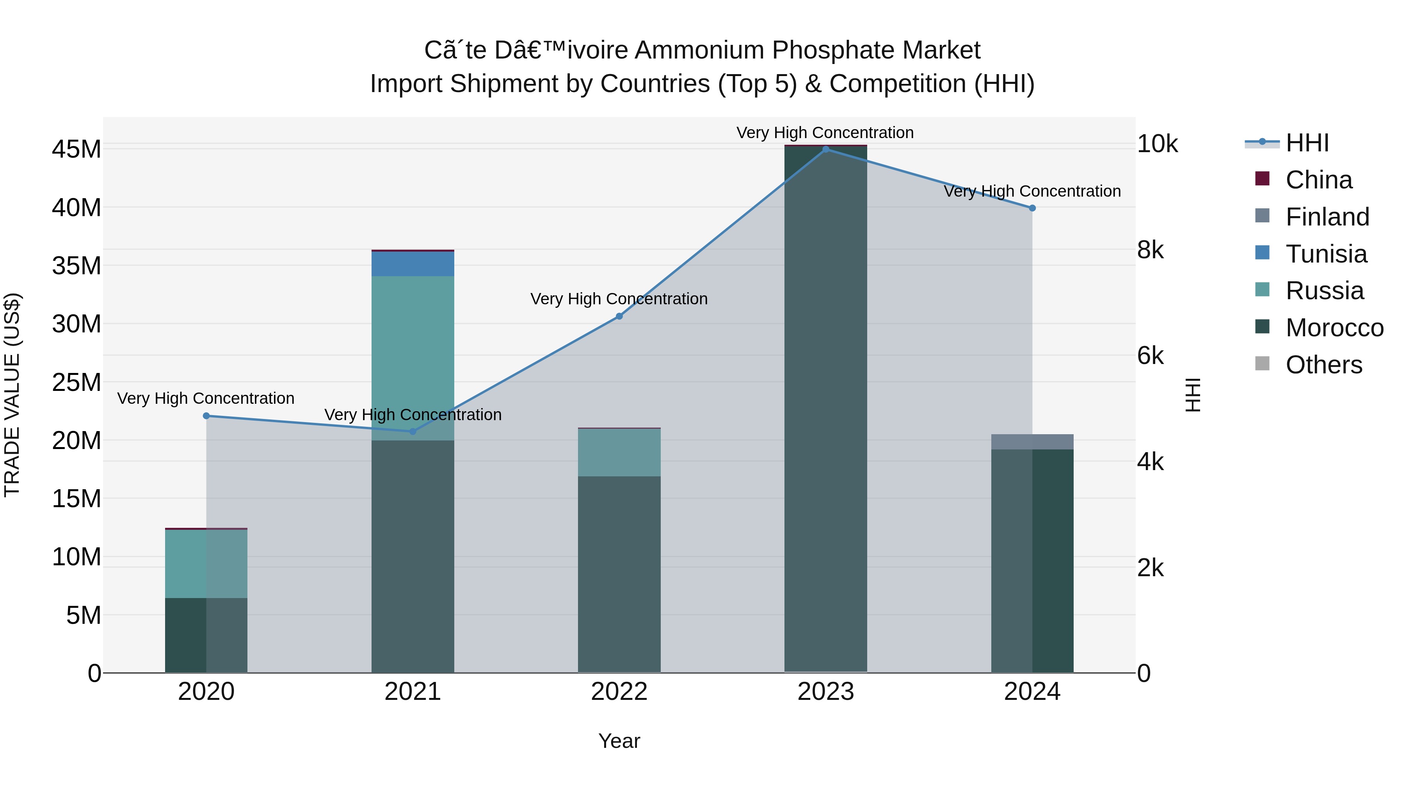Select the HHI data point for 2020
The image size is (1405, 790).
(x=206, y=416)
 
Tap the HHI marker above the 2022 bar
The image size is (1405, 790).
(x=619, y=316)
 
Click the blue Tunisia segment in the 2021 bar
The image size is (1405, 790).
(x=413, y=264)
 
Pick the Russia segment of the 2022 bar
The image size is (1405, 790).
(x=619, y=453)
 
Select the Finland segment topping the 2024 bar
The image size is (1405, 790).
(x=1032, y=442)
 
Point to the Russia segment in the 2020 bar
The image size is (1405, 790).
(x=206, y=564)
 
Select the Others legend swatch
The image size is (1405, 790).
(x=1262, y=364)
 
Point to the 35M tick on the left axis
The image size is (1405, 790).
(x=76, y=266)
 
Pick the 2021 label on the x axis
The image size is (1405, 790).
(x=413, y=692)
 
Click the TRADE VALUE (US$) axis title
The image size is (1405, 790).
(x=12, y=395)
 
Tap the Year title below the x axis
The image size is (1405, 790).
(x=619, y=741)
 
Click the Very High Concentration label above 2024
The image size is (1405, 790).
(x=1032, y=192)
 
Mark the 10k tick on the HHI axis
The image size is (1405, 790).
(x=1158, y=144)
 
